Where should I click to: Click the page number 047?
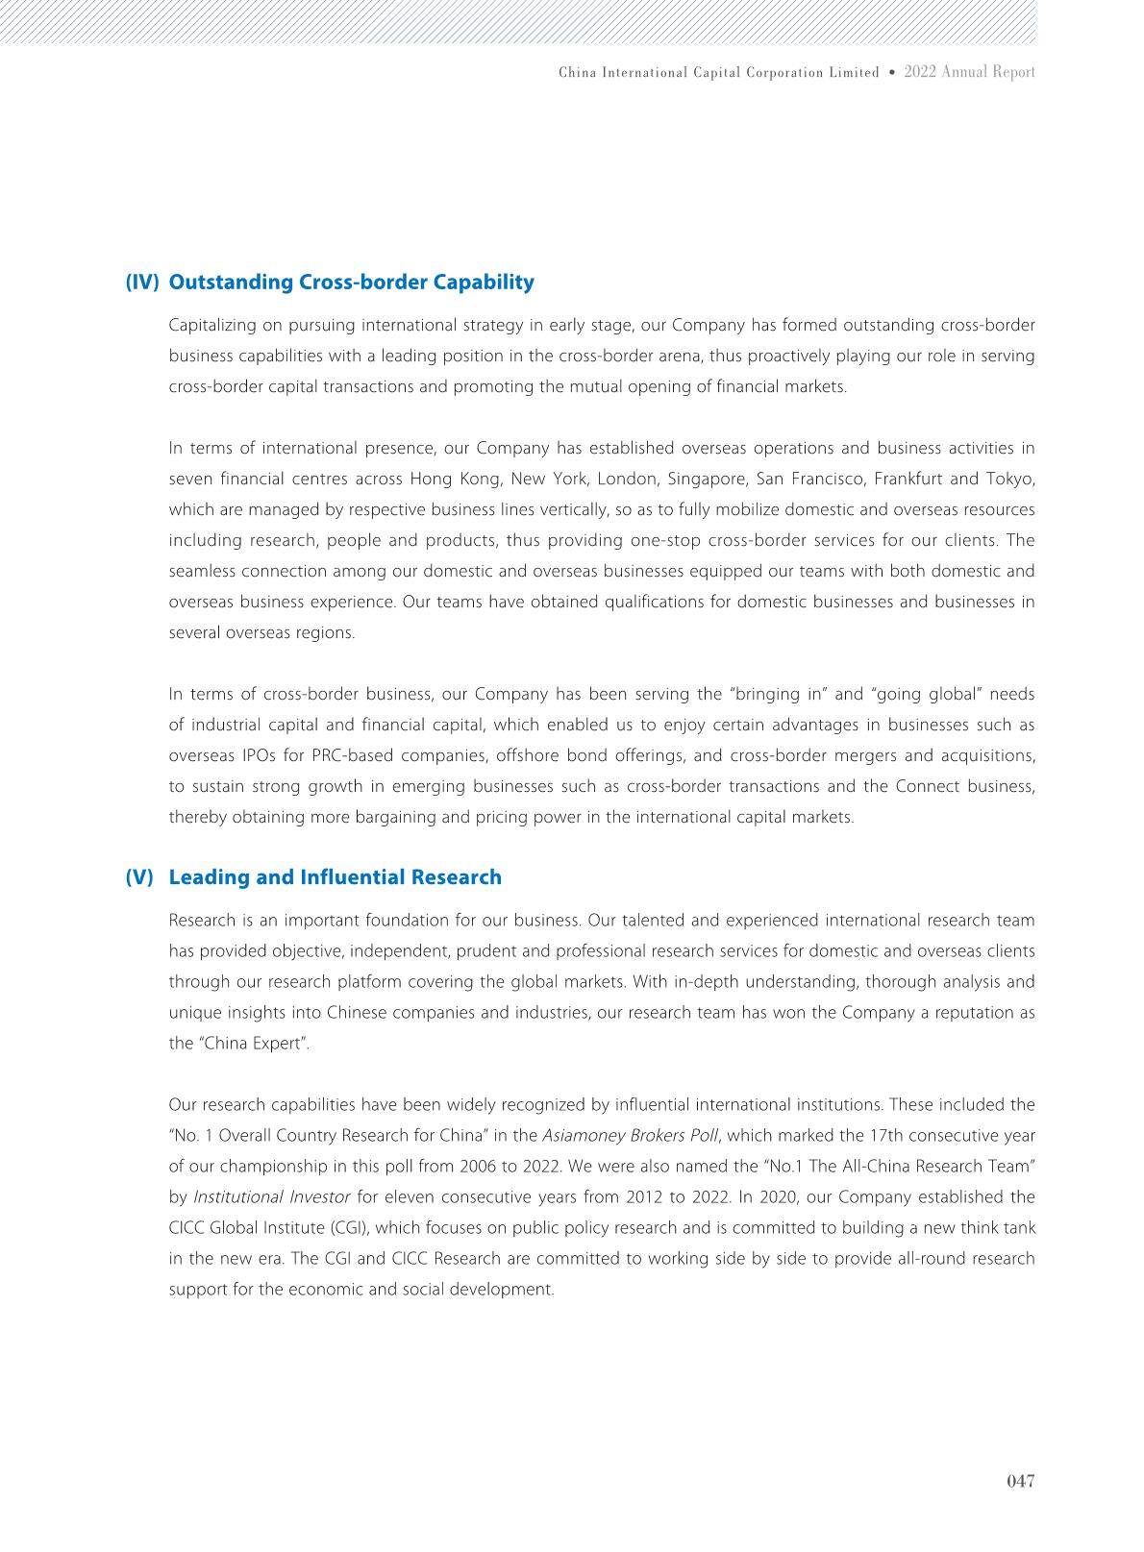(x=1020, y=1482)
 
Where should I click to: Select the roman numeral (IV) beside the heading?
(x=141, y=282)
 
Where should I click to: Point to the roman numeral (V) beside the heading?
(x=139, y=876)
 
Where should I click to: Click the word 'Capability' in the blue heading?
(x=485, y=282)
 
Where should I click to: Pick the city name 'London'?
(x=629, y=479)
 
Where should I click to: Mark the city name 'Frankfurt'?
(x=908, y=479)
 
